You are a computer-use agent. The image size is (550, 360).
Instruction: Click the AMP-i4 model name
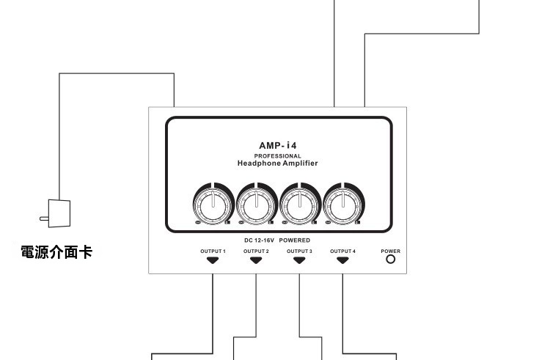point(277,145)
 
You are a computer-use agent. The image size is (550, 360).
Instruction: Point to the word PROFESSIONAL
point(277,156)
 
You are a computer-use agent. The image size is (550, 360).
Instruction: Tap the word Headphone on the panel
point(259,163)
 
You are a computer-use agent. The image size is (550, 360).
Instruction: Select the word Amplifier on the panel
point(300,163)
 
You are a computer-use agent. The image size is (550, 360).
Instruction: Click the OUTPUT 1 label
point(213,251)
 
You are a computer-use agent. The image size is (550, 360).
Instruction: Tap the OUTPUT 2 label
point(256,251)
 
